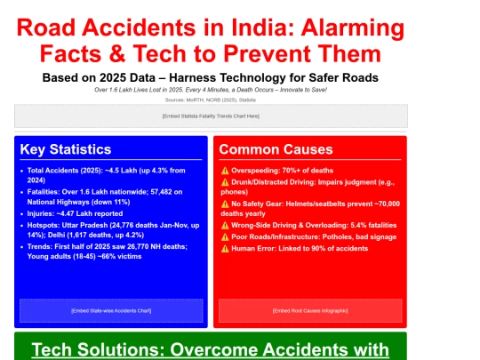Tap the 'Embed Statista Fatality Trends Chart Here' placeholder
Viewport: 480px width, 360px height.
211,116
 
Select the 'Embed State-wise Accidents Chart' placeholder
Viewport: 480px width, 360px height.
111,310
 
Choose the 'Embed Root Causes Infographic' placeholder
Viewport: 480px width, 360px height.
309,310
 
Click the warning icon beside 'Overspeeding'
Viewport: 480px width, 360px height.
224,169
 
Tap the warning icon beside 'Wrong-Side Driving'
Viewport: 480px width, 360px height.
224,226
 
